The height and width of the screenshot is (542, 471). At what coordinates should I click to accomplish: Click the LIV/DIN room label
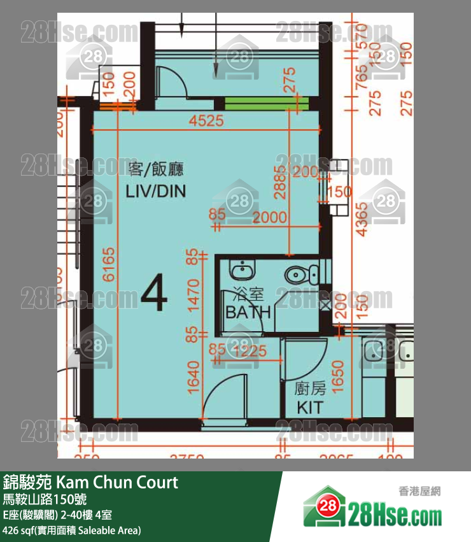pos(156,190)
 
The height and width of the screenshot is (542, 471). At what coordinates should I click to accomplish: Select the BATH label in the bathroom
pos(248,312)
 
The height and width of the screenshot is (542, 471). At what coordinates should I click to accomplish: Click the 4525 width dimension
pos(205,120)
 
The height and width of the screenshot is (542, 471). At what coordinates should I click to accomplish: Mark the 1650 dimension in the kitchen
pos(338,378)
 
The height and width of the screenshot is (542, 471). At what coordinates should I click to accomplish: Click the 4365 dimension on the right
pos(363,219)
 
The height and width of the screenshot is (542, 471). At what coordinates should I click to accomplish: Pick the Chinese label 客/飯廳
pos(156,169)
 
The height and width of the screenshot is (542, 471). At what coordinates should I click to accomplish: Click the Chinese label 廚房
pos(310,388)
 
